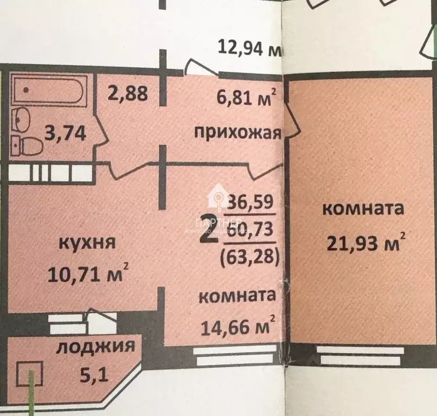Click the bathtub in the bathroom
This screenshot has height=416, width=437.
(49, 92)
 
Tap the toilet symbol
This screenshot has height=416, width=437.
(32, 145)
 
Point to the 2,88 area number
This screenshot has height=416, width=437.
(127, 93)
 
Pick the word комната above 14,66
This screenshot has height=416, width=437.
(237, 297)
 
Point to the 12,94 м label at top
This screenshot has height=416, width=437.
(250, 49)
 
